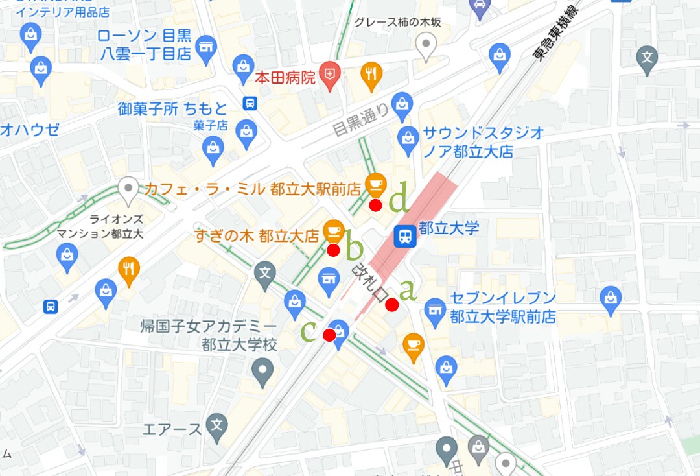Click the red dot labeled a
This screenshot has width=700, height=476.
391,305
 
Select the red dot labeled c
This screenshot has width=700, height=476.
329,335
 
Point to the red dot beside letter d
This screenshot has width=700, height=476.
375,206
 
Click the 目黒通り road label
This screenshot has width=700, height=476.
360,119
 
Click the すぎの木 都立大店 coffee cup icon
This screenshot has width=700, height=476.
333,230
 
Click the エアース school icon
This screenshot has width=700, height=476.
217,425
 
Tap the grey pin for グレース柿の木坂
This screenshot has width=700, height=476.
426,47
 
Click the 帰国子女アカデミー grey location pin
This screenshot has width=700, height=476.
262,372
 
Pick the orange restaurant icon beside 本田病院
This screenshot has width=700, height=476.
371,76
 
